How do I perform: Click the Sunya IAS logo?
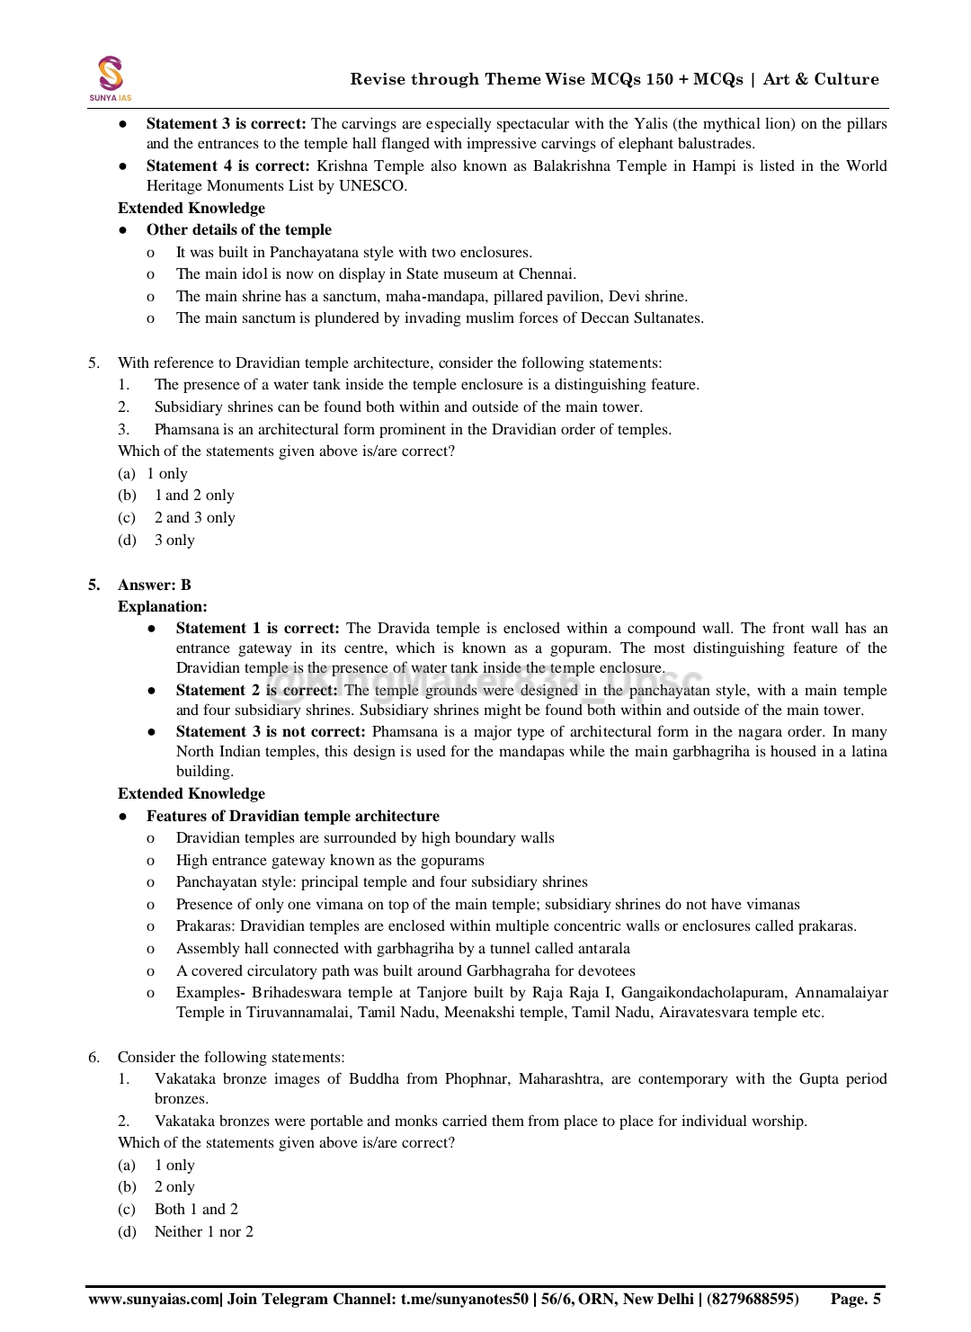[110, 77]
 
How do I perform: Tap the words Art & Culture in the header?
[821, 79]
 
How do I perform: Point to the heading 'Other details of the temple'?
[238, 230]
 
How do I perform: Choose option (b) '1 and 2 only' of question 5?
[193, 496]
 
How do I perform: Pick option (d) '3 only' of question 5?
[174, 541]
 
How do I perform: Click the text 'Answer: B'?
[154, 586]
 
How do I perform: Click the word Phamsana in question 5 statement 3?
[187, 430]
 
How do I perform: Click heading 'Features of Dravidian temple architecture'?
[293, 817]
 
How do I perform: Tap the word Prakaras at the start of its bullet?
[205, 926]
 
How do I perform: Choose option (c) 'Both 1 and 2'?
[196, 1210]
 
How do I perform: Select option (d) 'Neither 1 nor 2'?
[203, 1232]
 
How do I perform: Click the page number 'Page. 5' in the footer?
[855, 1299]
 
